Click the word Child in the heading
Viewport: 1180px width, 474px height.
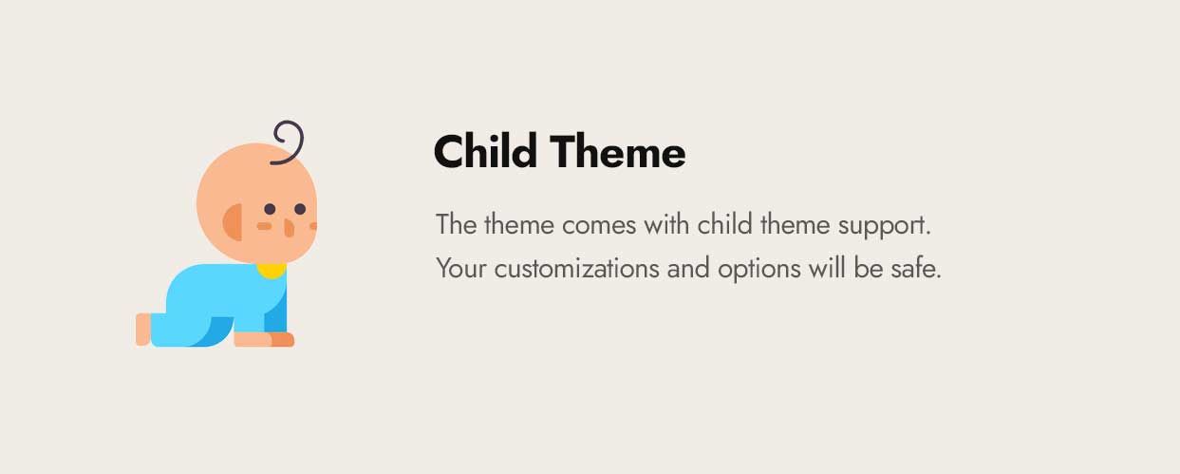pyautogui.click(x=486, y=152)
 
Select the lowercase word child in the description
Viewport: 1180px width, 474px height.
pyautogui.click(x=723, y=226)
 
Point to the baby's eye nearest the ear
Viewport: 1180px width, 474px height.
pyautogui.click(x=270, y=209)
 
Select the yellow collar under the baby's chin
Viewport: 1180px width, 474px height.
pyautogui.click(x=272, y=271)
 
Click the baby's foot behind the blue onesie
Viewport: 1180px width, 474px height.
pyautogui.click(x=142, y=329)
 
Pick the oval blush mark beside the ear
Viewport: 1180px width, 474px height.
pyautogui.click(x=264, y=226)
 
